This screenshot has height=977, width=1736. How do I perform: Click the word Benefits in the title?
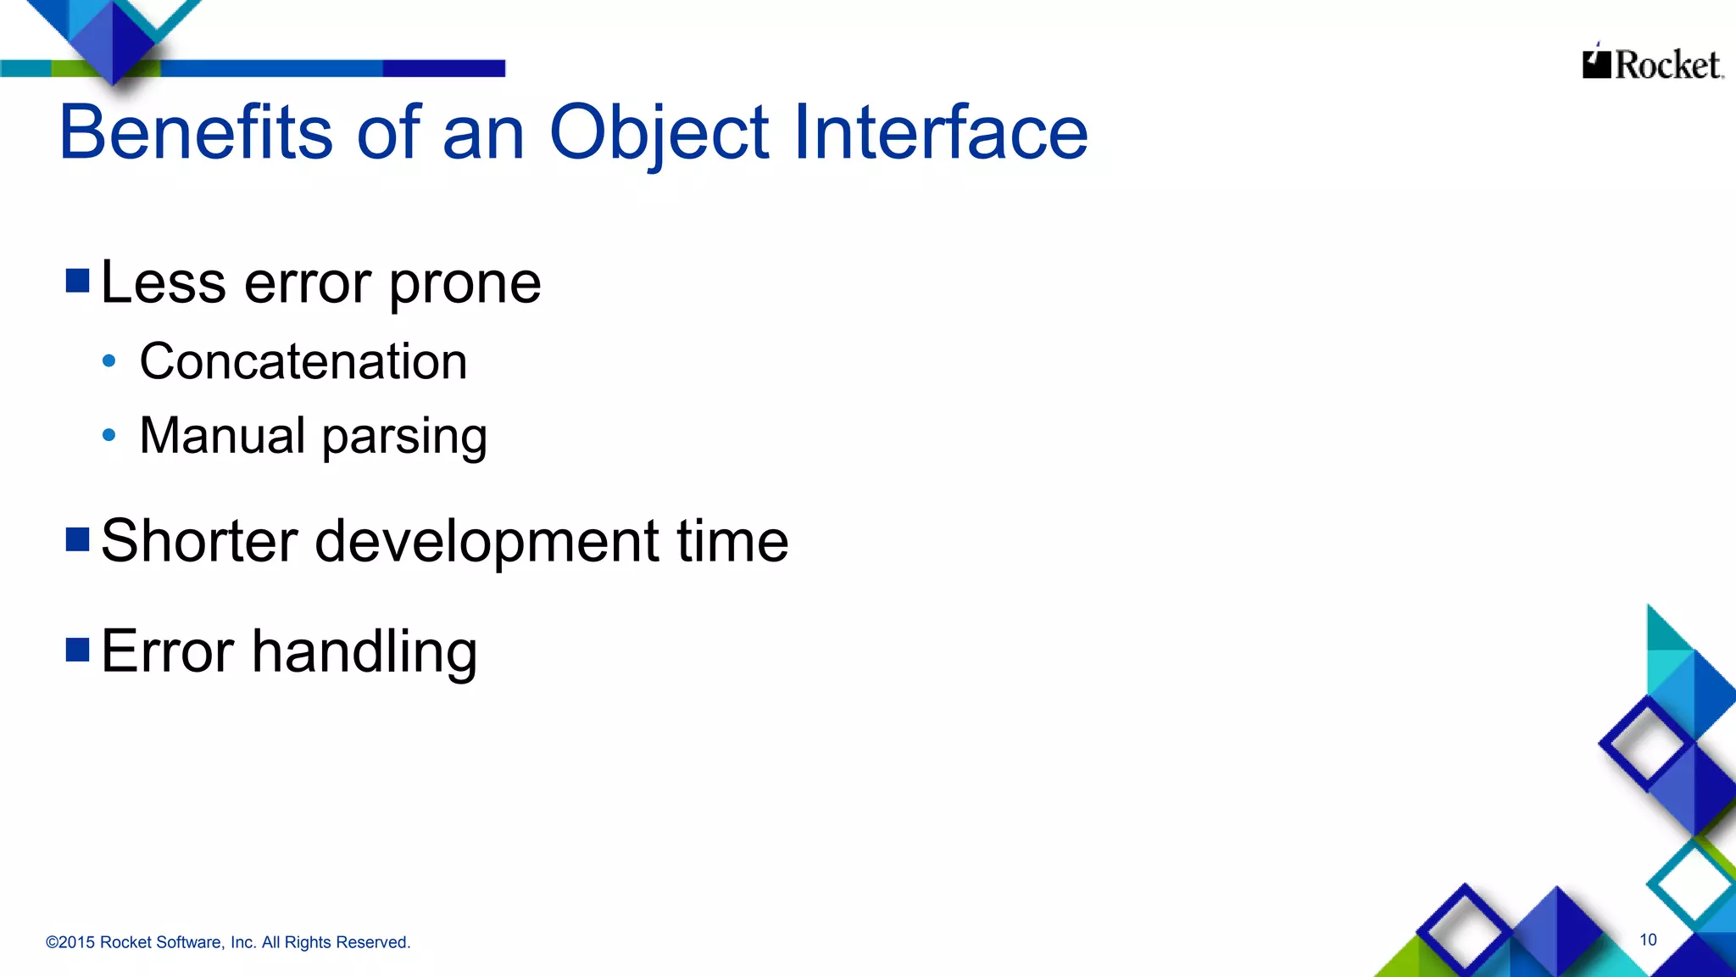pyautogui.click(x=196, y=132)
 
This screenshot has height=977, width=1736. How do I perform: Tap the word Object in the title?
pyautogui.click(x=659, y=132)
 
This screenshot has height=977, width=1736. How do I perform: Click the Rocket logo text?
pyautogui.click(x=1667, y=65)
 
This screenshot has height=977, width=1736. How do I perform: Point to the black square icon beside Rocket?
pyautogui.click(x=1596, y=64)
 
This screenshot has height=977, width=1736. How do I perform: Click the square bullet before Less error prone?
pyautogui.click(x=78, y=281)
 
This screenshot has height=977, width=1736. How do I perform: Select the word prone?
pyautogui.click(x=465, y=284)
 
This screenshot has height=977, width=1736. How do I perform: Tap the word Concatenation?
pyautogui.click(x=303, y=361)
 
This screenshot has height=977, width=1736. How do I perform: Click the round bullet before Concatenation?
pyautogui.click(x=108, y=361)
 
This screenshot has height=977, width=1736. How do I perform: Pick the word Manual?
pyautogui.click(x=222, y=436)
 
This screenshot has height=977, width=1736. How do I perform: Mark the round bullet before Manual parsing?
pyautogui.click(x=108, y=436)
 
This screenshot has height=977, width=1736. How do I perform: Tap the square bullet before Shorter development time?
pyautogui.click(x=78, y=539)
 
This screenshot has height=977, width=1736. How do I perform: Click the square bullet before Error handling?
pyautogui.click(x=78, y=650)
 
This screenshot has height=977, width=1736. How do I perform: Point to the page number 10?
pyautogui.click(x=1648, y=940)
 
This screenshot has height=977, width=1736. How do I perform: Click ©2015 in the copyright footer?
pyautogui.click(x=70, y=942)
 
